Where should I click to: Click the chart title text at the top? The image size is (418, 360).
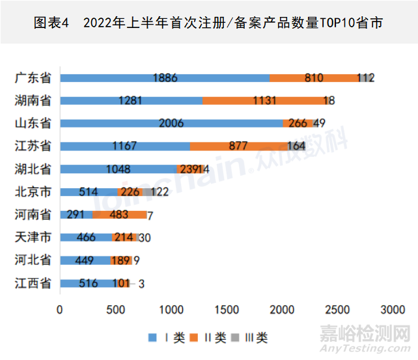[x=208, y=23]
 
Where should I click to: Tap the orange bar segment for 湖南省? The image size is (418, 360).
[x=265, y=100]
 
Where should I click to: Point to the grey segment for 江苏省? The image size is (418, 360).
[x=296, y=146]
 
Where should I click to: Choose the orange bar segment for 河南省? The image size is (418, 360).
[x=119, y=214]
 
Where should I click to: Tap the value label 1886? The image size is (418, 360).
[x=165, y=77]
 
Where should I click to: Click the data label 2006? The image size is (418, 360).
[x=171, y=123]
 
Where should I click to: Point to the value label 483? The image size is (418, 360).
[x=120, y=214]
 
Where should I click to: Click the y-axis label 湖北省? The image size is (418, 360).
[x=33, y=169]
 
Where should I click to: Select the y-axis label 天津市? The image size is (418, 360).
[x=33, y=237]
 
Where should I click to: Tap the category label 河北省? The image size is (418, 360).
[x=33, y=260]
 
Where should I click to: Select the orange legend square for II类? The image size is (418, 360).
[x=195, y=337]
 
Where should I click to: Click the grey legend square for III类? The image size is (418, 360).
[x=238, y=337]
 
